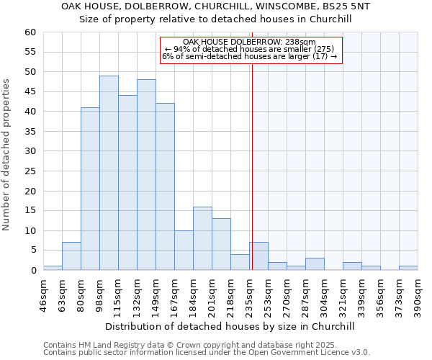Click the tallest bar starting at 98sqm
[x=109, y=173]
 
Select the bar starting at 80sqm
[x=90, y=189]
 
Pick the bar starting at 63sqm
[x=71, y=256]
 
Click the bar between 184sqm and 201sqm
[x=202, y=238]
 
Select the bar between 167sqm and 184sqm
[x=184, y=251]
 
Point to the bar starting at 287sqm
[x=315, y=264]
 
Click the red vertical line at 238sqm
[x=253, y=166]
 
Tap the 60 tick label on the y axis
[x=30, y=32]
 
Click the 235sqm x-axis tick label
[x=250, y=294]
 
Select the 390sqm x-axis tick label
[x=418, y=294]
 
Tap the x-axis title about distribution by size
[x=230, y=326]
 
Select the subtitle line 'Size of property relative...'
[x=215, y=19]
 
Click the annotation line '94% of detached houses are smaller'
[x=251, y=49]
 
